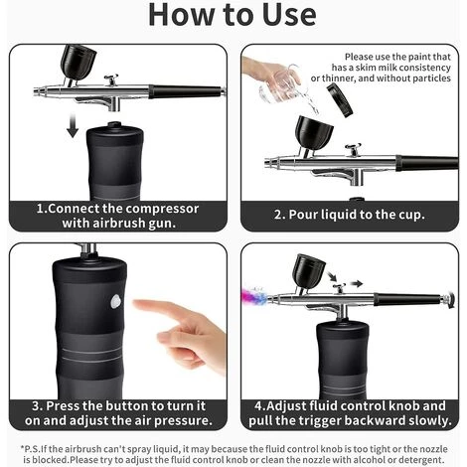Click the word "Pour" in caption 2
point(303,214)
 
